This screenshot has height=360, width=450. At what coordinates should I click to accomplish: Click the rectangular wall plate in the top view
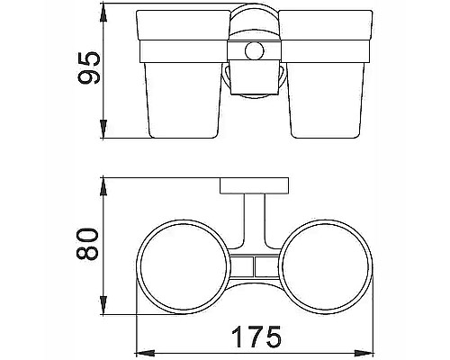click(255, 186)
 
